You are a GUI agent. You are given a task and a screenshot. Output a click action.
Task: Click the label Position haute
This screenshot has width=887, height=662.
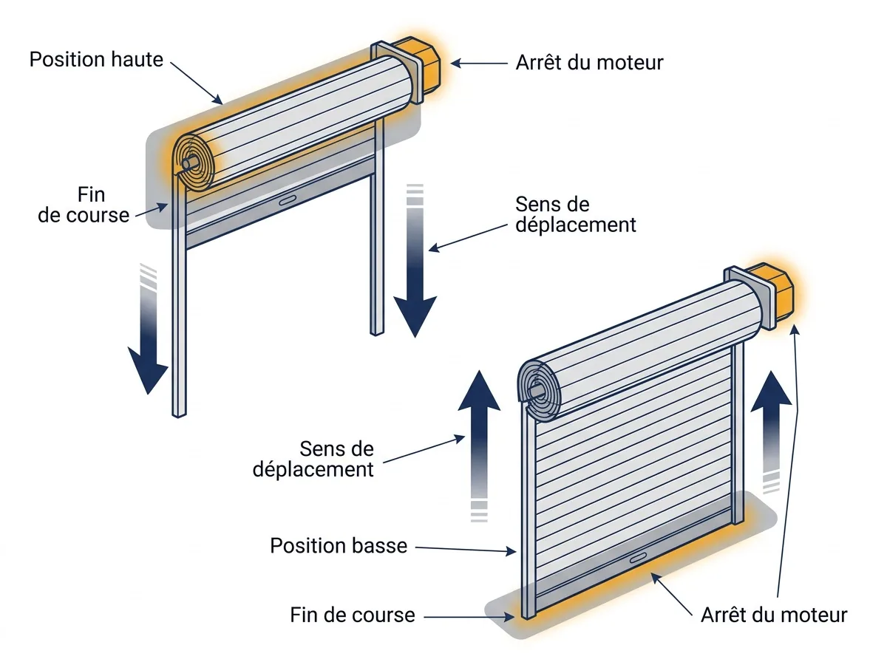click(x=96, y=59)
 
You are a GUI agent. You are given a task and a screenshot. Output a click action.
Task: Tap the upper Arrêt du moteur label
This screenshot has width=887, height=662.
click(x=589, y=63)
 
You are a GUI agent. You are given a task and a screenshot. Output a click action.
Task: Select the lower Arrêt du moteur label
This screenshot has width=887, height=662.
click(x=774, y=615)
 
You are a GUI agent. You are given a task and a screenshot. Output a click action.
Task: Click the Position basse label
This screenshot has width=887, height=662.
click(x=339, y=546)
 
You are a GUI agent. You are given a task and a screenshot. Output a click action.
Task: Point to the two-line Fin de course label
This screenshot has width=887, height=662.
click(x=84, y=205)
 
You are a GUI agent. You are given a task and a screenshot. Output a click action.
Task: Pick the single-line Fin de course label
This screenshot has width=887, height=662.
click(x=353, y=615)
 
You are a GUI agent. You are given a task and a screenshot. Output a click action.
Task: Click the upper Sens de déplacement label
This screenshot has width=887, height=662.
click(x=575, y=214)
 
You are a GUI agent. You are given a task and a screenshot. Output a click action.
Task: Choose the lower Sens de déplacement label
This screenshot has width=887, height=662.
click(x=313, y=460)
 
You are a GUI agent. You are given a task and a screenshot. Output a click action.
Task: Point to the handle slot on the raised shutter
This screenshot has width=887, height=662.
click(x=288, y=200)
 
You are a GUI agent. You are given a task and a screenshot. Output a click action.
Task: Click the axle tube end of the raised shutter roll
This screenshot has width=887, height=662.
click(x=189, y=163)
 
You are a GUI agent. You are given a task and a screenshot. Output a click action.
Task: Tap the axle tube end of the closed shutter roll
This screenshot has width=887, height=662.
click(x=536, y=391)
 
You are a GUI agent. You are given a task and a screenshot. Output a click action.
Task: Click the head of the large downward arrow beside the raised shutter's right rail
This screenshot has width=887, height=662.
click(x=415, y=315)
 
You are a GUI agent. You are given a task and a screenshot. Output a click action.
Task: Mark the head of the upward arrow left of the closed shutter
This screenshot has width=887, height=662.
click(x=479, y=390)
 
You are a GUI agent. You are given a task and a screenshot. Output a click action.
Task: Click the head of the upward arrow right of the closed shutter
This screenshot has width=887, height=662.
click(x=771, y=391)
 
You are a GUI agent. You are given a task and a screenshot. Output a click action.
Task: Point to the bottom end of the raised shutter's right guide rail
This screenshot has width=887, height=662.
click(x=377, y=332)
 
